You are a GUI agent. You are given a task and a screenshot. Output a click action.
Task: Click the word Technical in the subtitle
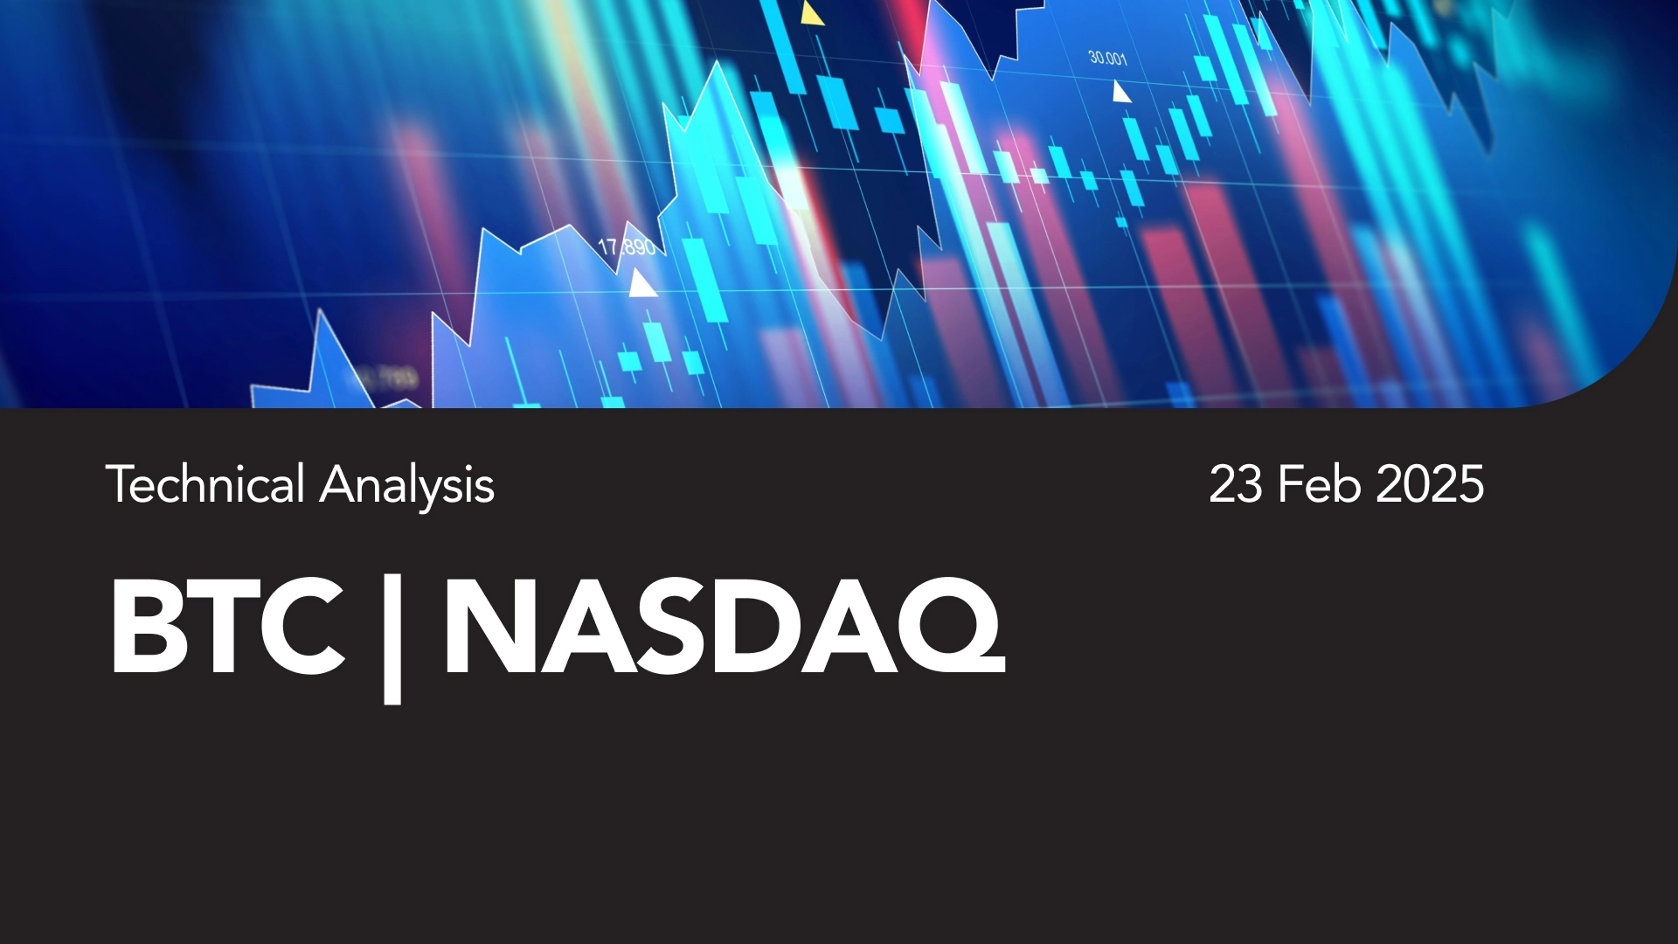click(x=205, y=484)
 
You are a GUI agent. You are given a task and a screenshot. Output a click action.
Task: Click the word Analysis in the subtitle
click(x=407, y=486)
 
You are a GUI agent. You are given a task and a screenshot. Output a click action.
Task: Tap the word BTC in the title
click(x=227, y=626)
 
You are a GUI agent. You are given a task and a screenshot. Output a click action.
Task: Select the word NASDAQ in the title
click(x=725, y=626)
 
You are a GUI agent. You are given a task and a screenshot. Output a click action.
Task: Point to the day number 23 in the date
click(x=1236, y=484)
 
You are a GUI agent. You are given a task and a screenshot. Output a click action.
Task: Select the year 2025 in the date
click(x=1430, y=484)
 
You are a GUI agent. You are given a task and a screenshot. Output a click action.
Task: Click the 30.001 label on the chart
click(x=1107, y=58)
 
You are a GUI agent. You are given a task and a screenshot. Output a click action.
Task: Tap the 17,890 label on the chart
click(x=627, y=246)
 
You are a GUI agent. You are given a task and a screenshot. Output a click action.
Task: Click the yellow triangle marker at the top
click(x=812, y=13)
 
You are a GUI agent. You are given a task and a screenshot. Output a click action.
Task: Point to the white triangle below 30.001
click(x=1120, y=91)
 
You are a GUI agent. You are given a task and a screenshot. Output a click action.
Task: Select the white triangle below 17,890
click(x=642, y=283)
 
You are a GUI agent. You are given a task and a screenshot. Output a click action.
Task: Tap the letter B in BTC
click(x=145, y=626)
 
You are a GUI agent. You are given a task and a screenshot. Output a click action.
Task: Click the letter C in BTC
click(x=302, y=626)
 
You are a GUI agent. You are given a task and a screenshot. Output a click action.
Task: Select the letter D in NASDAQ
click(x=757, y=627)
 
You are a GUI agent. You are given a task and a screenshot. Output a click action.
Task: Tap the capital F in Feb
click(x=1291, y=484)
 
